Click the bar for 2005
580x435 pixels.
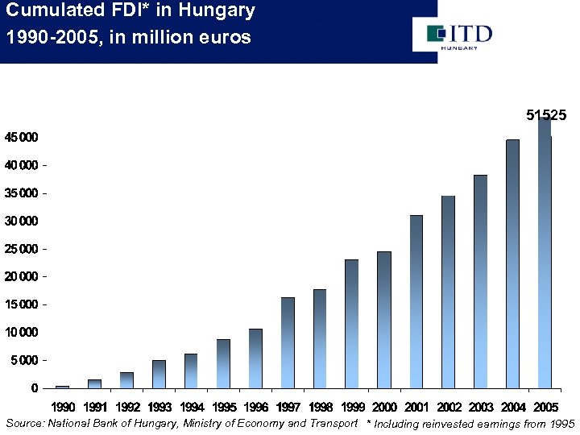(x=545, y=254)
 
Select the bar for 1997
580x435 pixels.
(x=288, y=342)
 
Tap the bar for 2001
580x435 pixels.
(x=416, y=301)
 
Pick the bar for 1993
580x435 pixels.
(x=159, y=374)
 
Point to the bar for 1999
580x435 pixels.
(x=352, y=323)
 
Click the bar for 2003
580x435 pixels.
(x=481, y=281)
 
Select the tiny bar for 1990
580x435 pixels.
(x=62, y=387)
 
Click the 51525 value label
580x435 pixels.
(x=546, y=116)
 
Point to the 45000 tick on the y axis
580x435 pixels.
(x=19, y=138)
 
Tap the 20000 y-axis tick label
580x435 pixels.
(x=19, y=277)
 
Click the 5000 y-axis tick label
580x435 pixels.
(x=23, y=360)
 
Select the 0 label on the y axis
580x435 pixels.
(x=33, y=388)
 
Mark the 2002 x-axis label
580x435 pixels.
(x=449, y=407)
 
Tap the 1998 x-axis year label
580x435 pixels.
(x=320, y=407)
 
